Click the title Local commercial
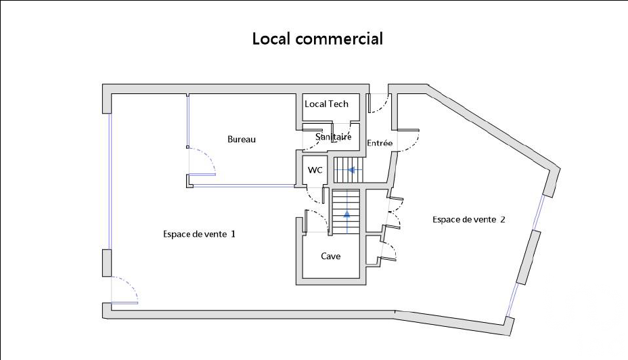(317, 39)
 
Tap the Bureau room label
(242, 139)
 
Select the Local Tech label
(326, 104)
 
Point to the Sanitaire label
(333, 137)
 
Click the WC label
(315, 171)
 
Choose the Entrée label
(380, 143)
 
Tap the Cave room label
(331, 256)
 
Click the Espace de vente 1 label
(199, 234)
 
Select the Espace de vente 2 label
(468, 219)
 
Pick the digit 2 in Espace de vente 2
(503, 219)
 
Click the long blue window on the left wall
(110, 181)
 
